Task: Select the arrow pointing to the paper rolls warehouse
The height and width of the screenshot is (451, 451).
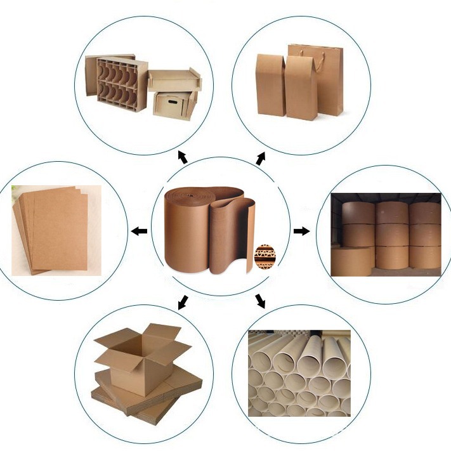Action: point(302,231)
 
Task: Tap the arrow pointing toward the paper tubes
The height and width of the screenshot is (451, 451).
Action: point(261,300)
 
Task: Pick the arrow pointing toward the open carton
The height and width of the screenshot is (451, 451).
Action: point(183,301)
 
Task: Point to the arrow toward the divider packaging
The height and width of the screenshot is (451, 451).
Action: point(183,157)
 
